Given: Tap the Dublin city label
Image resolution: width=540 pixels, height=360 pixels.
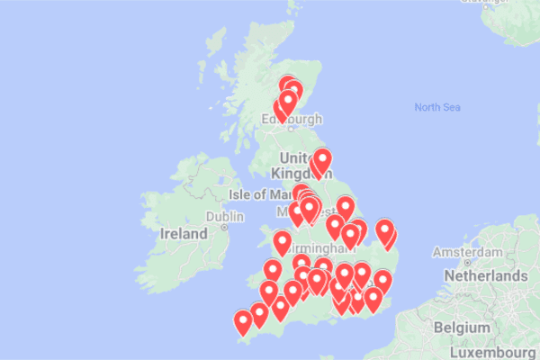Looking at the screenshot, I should point(224,217).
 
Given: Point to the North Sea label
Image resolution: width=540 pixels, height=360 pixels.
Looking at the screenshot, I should point(437,108).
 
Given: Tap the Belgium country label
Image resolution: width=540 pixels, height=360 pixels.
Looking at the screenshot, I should point(455,328).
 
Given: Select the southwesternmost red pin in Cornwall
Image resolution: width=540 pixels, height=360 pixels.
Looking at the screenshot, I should point(243,320).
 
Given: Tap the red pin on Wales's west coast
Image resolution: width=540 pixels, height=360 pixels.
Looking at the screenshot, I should point(283,240).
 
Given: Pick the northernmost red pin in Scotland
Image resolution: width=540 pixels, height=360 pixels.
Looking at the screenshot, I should point(288,85).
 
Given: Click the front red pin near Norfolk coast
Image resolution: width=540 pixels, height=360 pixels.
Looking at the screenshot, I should point(385,230).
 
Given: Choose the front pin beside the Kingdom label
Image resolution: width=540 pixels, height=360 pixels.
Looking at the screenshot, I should point(321,158).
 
